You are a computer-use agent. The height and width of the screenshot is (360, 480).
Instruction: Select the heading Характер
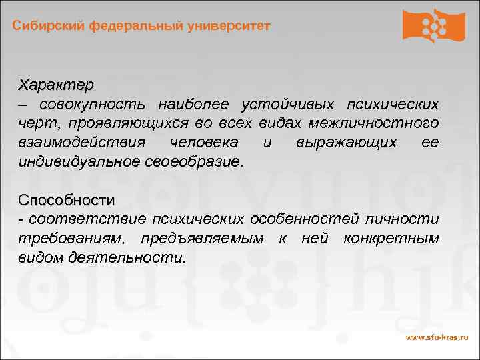pos(56,85)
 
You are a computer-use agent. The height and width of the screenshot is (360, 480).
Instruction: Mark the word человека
pos(203,143)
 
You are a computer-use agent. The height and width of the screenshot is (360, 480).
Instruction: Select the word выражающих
pos(347,143)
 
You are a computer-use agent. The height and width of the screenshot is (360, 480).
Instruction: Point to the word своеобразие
pos(194,162)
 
